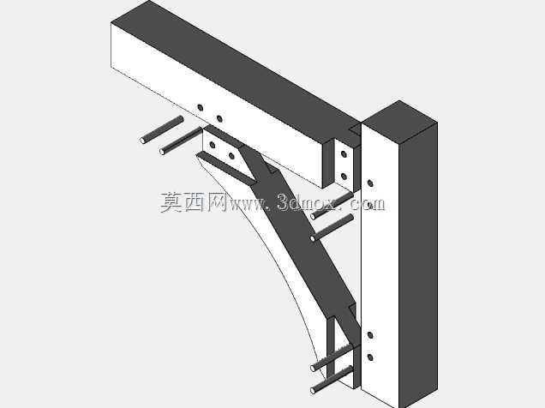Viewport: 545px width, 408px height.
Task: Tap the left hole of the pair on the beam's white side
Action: (201, 107)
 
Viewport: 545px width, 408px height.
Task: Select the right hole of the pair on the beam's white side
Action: (219, 119)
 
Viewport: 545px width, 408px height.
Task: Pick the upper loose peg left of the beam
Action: (162, 129)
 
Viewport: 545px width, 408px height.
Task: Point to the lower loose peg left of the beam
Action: (181, 141)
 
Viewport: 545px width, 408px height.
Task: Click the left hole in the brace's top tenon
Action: (213, 145)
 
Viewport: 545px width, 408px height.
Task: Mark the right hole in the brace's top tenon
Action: (231, 156)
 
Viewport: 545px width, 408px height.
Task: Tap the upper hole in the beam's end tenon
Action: (344, 153)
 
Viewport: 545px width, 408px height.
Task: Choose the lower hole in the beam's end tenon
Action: (344, 177)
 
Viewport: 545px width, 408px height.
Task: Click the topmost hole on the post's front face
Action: (370, 183)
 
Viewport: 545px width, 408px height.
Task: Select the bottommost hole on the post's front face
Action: (370, 357)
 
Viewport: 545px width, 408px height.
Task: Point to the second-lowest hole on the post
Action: (370, 335)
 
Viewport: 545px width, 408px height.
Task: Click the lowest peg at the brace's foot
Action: (332, 380)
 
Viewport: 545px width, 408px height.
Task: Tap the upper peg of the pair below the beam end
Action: (332, 206)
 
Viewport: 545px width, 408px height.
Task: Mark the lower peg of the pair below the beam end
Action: (332, 228)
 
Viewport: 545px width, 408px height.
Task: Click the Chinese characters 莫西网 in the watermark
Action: (194, 202)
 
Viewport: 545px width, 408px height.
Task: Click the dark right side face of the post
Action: (418, 264)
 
